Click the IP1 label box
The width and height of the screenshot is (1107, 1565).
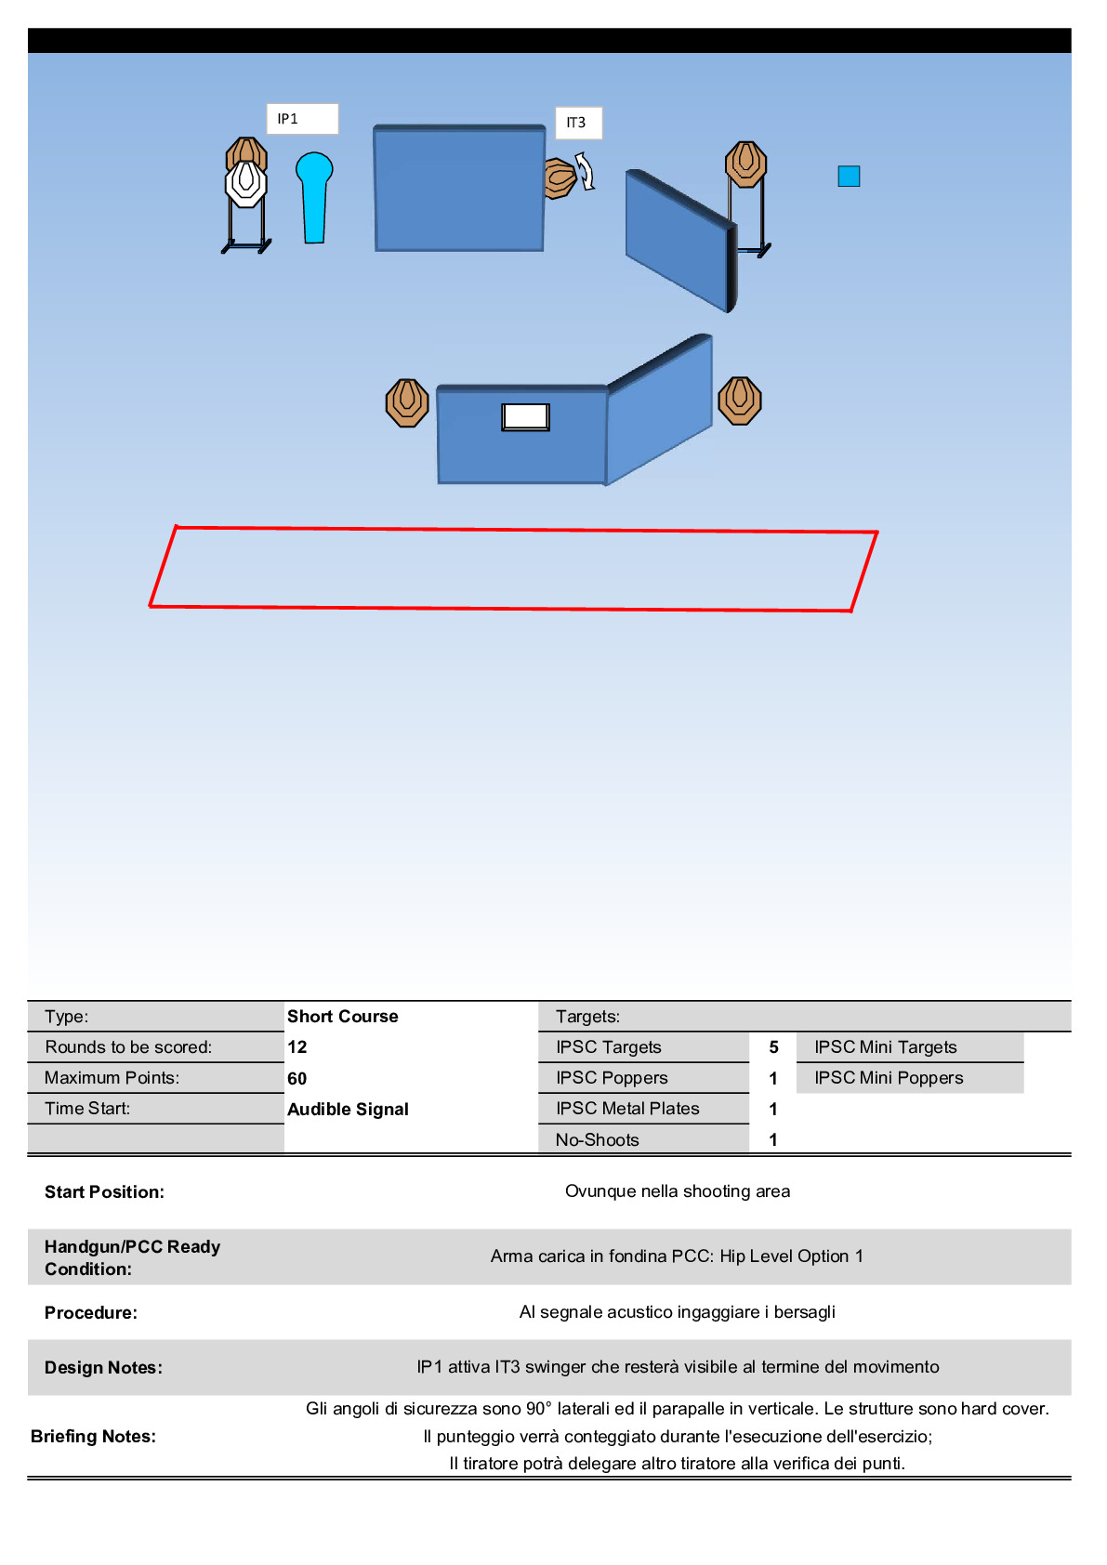click(x=301, y=119)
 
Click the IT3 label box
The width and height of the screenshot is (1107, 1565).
click(x=578, y=123)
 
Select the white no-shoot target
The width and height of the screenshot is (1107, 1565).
click(x=246, y=183)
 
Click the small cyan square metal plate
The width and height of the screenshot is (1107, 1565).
click(x=849, y=176)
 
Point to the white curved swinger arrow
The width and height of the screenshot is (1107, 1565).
click(x=586, y=171)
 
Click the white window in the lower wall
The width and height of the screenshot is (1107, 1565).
click(x=525, y=416)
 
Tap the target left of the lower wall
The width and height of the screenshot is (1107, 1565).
click(x=407, y=402)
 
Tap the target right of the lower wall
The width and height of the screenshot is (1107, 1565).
click(x=740, y=401)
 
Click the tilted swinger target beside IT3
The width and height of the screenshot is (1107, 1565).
click(x=559, y=178)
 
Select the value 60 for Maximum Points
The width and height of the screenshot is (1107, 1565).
click(x=297, y=1078)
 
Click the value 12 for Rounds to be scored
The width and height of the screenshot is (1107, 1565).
click(x=297, y=1047)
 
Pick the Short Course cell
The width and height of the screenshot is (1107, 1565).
click(x=343, y=1017)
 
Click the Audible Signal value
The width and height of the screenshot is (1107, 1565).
click(x=349, y=1109)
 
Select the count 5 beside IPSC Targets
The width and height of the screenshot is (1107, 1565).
click(x=773, y=1047)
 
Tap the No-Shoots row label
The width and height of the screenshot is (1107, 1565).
click(x=598, y=1139)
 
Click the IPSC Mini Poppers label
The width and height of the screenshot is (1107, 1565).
click(x=889, y=1078)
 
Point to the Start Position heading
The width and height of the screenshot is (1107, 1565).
click(x=105, y=1191)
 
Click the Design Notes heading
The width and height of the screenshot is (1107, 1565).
click(x=104, y=1367)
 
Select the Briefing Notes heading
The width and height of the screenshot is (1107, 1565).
click(x=94, y=1436)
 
